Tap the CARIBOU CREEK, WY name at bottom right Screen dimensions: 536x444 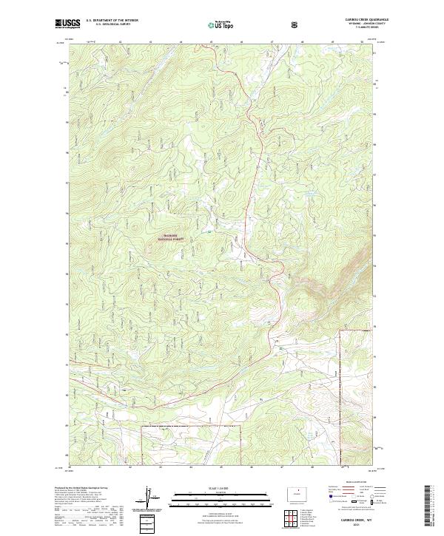[x=360, y=520]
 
